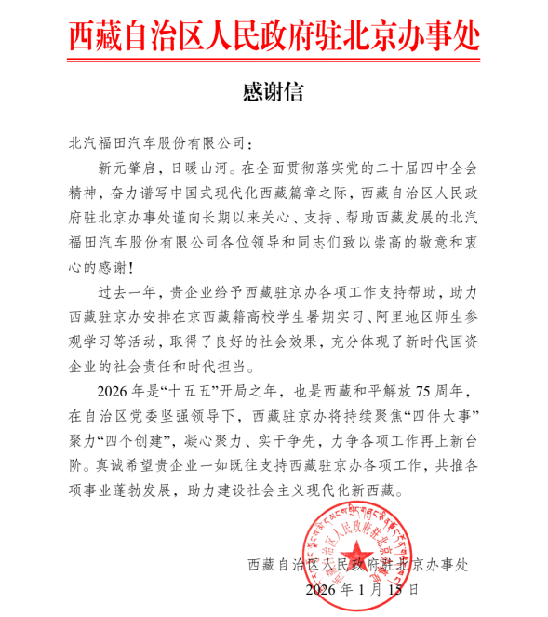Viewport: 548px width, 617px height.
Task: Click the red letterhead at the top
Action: pos(274,34)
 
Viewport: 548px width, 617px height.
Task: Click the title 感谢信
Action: pos(273,92)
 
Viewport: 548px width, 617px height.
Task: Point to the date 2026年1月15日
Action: pos(362,589)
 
